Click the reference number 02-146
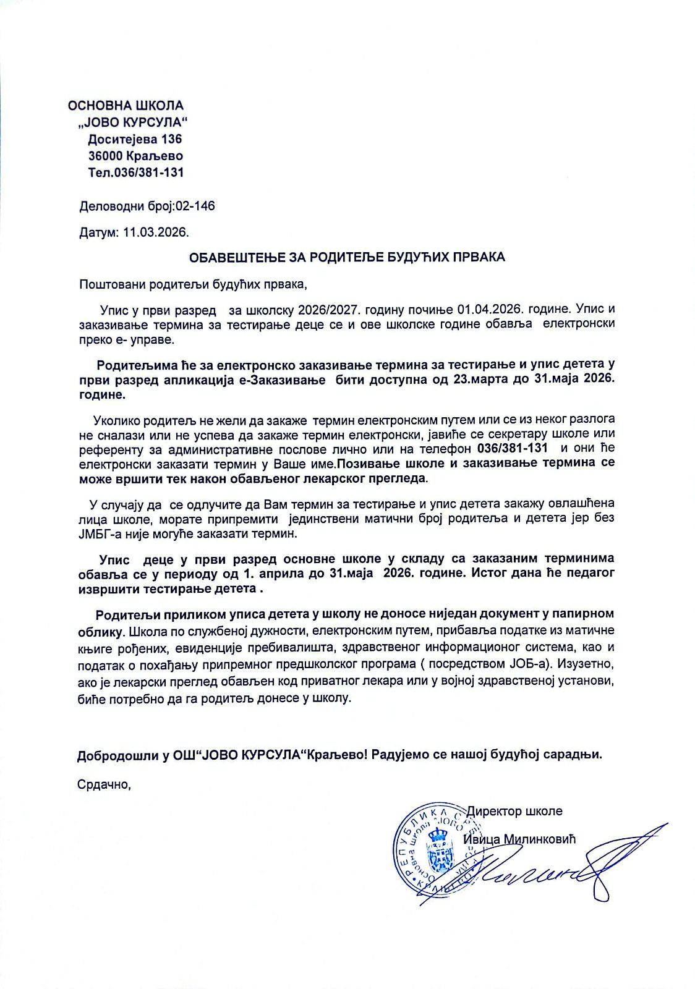196,206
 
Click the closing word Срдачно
104,784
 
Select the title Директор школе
514,811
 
